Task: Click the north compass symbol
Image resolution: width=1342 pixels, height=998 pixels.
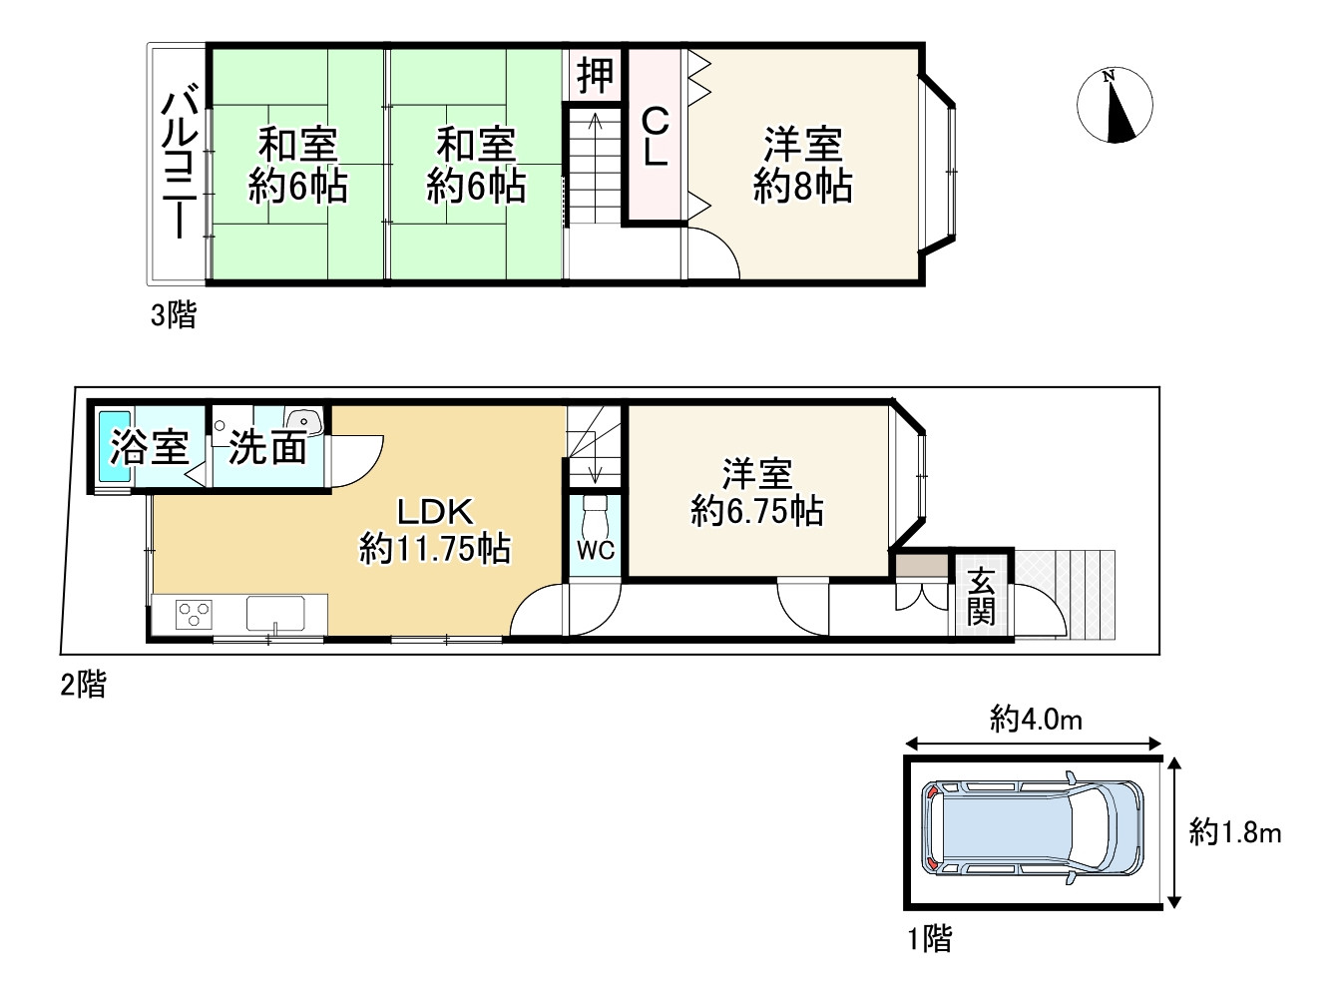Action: (1115, 106)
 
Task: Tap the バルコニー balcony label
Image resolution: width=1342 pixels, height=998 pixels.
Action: (181, 164)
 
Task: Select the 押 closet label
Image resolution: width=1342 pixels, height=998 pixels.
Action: (595, 75)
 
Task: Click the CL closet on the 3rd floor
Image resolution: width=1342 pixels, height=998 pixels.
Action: (655, 137)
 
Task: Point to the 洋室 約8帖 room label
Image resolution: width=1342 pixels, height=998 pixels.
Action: (802, 166)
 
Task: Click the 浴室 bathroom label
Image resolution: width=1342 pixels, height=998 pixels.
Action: (150, 447)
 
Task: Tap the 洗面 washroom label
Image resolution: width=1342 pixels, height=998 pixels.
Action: (266, 448)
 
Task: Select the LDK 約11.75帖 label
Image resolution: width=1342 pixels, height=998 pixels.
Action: (434, 530)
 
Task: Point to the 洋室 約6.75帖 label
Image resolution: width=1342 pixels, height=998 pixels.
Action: (757, 491)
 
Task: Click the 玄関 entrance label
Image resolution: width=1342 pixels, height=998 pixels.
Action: (981, 597)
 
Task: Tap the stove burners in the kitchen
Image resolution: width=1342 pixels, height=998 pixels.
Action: (194, 613)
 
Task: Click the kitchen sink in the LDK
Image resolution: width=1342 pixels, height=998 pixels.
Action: (275, 613)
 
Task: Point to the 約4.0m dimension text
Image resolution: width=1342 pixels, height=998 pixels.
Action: (1036, 719)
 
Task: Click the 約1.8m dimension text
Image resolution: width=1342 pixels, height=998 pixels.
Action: (1234, 832)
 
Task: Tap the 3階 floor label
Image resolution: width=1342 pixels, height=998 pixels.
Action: (174, 315)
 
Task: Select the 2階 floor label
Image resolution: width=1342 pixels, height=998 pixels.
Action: (83, 685)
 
